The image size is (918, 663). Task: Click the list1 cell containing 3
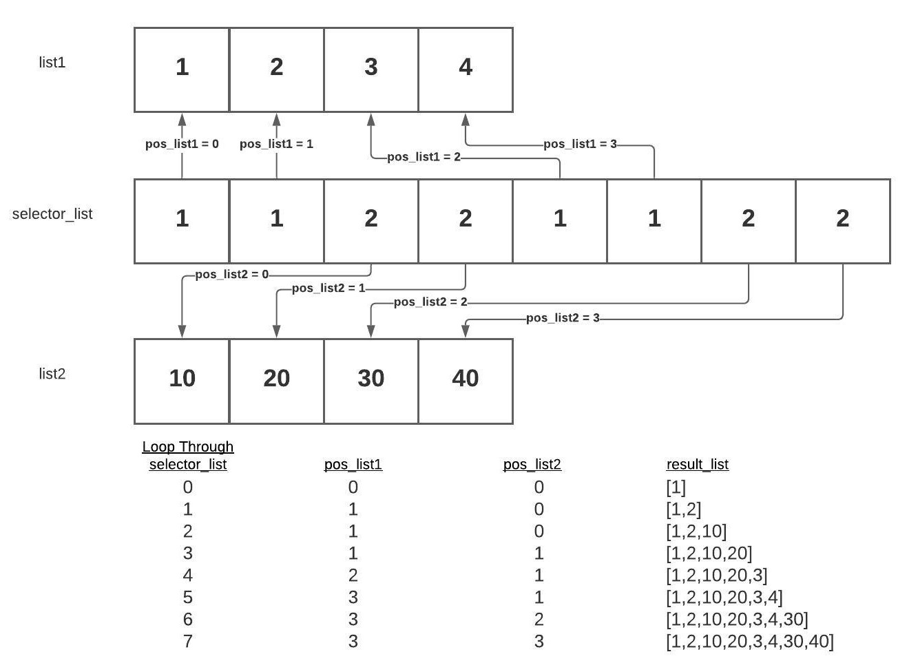point(371,70)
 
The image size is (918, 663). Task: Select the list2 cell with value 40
point(466,381)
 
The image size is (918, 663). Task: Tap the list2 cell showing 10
point(182,381)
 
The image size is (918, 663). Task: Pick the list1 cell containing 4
point(466,70)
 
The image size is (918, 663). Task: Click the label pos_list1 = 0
point(182,144)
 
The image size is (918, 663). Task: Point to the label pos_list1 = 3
point(580,144)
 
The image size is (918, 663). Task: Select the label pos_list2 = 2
point(430,302)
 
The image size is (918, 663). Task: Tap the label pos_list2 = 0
point(231,274)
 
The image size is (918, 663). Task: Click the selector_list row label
point(52,214)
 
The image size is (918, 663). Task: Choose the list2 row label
point(52,374)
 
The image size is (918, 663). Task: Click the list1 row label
point(52,62)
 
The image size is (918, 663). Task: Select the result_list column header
point(698,465)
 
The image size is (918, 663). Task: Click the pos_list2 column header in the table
point(532,465)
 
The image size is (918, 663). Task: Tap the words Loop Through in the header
point(188,447)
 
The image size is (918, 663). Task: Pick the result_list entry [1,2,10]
point(696,532)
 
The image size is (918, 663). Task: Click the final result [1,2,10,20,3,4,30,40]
point(750,642)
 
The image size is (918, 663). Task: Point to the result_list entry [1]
point(676,487)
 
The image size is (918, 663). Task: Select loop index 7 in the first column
point(188,641)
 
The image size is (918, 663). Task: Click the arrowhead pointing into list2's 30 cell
point(371,331)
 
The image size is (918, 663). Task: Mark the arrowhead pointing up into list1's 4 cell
point(466,120)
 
